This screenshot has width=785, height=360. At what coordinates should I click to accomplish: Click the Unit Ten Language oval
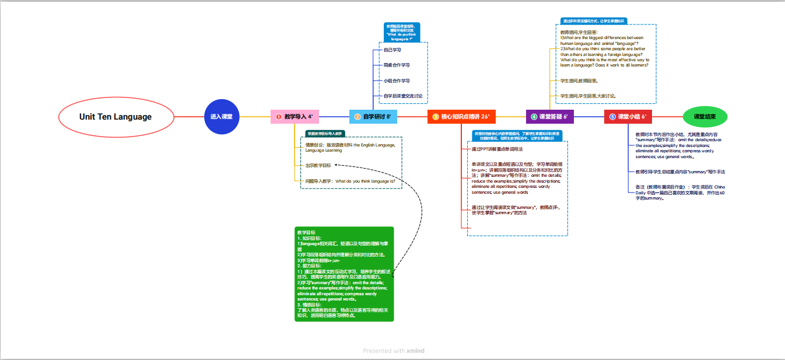pyautogui.click(x=115, y=117)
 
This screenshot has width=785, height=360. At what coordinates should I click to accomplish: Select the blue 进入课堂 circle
pyautogui.click(x=221, y=117)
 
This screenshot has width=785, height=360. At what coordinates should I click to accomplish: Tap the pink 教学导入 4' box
pyautogui.click(x=295, y=117)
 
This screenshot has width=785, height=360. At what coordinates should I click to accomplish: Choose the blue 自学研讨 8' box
pyautogui.click(x=373, y=117)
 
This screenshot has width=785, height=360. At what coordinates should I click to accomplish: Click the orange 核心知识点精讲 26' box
pyautogui.click(x=461, y=117)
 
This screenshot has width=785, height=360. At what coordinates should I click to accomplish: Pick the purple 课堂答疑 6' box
pyautogui.click(x=549, y=117)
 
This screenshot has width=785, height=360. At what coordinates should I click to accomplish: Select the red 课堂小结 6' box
pyautogui.click(x=628, y=117)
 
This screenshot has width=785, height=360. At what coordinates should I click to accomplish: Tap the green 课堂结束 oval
pyautogui.click(x=705, y=117)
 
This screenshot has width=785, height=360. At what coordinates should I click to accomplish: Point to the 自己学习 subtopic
pyautogui.click(x=392, y=50)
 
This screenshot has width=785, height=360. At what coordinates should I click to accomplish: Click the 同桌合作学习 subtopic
pyautogui.click(x=397, y=65)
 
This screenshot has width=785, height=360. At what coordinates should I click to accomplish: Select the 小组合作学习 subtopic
pyautogui.click(x=397, y=81)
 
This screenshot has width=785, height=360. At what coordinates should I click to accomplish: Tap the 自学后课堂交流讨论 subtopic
pyautogui.click(x=403, y=96)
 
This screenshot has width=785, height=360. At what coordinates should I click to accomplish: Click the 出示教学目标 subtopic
pyautogui.click(x=318, y=165)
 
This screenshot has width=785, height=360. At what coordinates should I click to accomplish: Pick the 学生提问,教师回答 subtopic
pyautogui.click(x=579, y=81)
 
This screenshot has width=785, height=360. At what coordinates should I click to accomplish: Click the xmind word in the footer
pyautogui.click(x=415, y=351)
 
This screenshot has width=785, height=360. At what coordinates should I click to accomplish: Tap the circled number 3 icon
pyautogui.click(x=435, y=117)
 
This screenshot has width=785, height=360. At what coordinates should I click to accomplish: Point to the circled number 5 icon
pyautogui.click(x=612, y=117)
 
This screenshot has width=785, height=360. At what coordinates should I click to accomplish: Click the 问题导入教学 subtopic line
pyautogui.click(x=351, y=181)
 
